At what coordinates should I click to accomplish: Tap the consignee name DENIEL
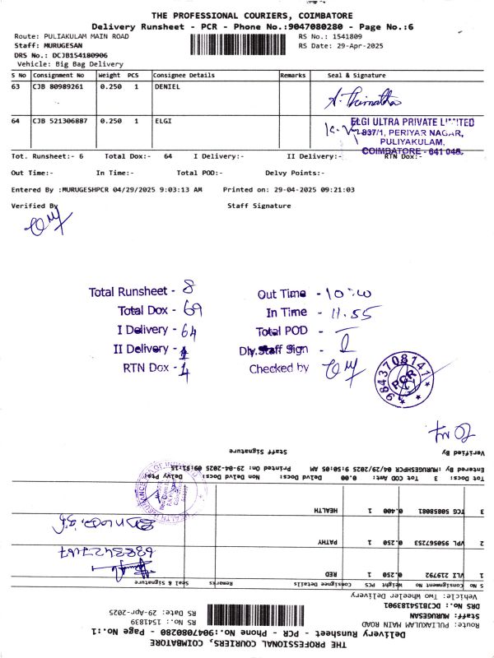[167, 86]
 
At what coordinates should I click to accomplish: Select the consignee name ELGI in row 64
[162, 121]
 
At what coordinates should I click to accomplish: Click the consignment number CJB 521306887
[60, 121]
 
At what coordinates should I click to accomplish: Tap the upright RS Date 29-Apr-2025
[357, 46]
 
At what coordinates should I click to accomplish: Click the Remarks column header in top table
[292, 74]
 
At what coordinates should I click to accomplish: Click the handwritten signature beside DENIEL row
[363, 101]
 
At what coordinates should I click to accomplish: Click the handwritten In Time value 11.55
[354, 313]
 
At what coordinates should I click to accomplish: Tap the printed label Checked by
[279, 368]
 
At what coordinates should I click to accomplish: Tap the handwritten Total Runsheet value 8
[189, 290]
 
